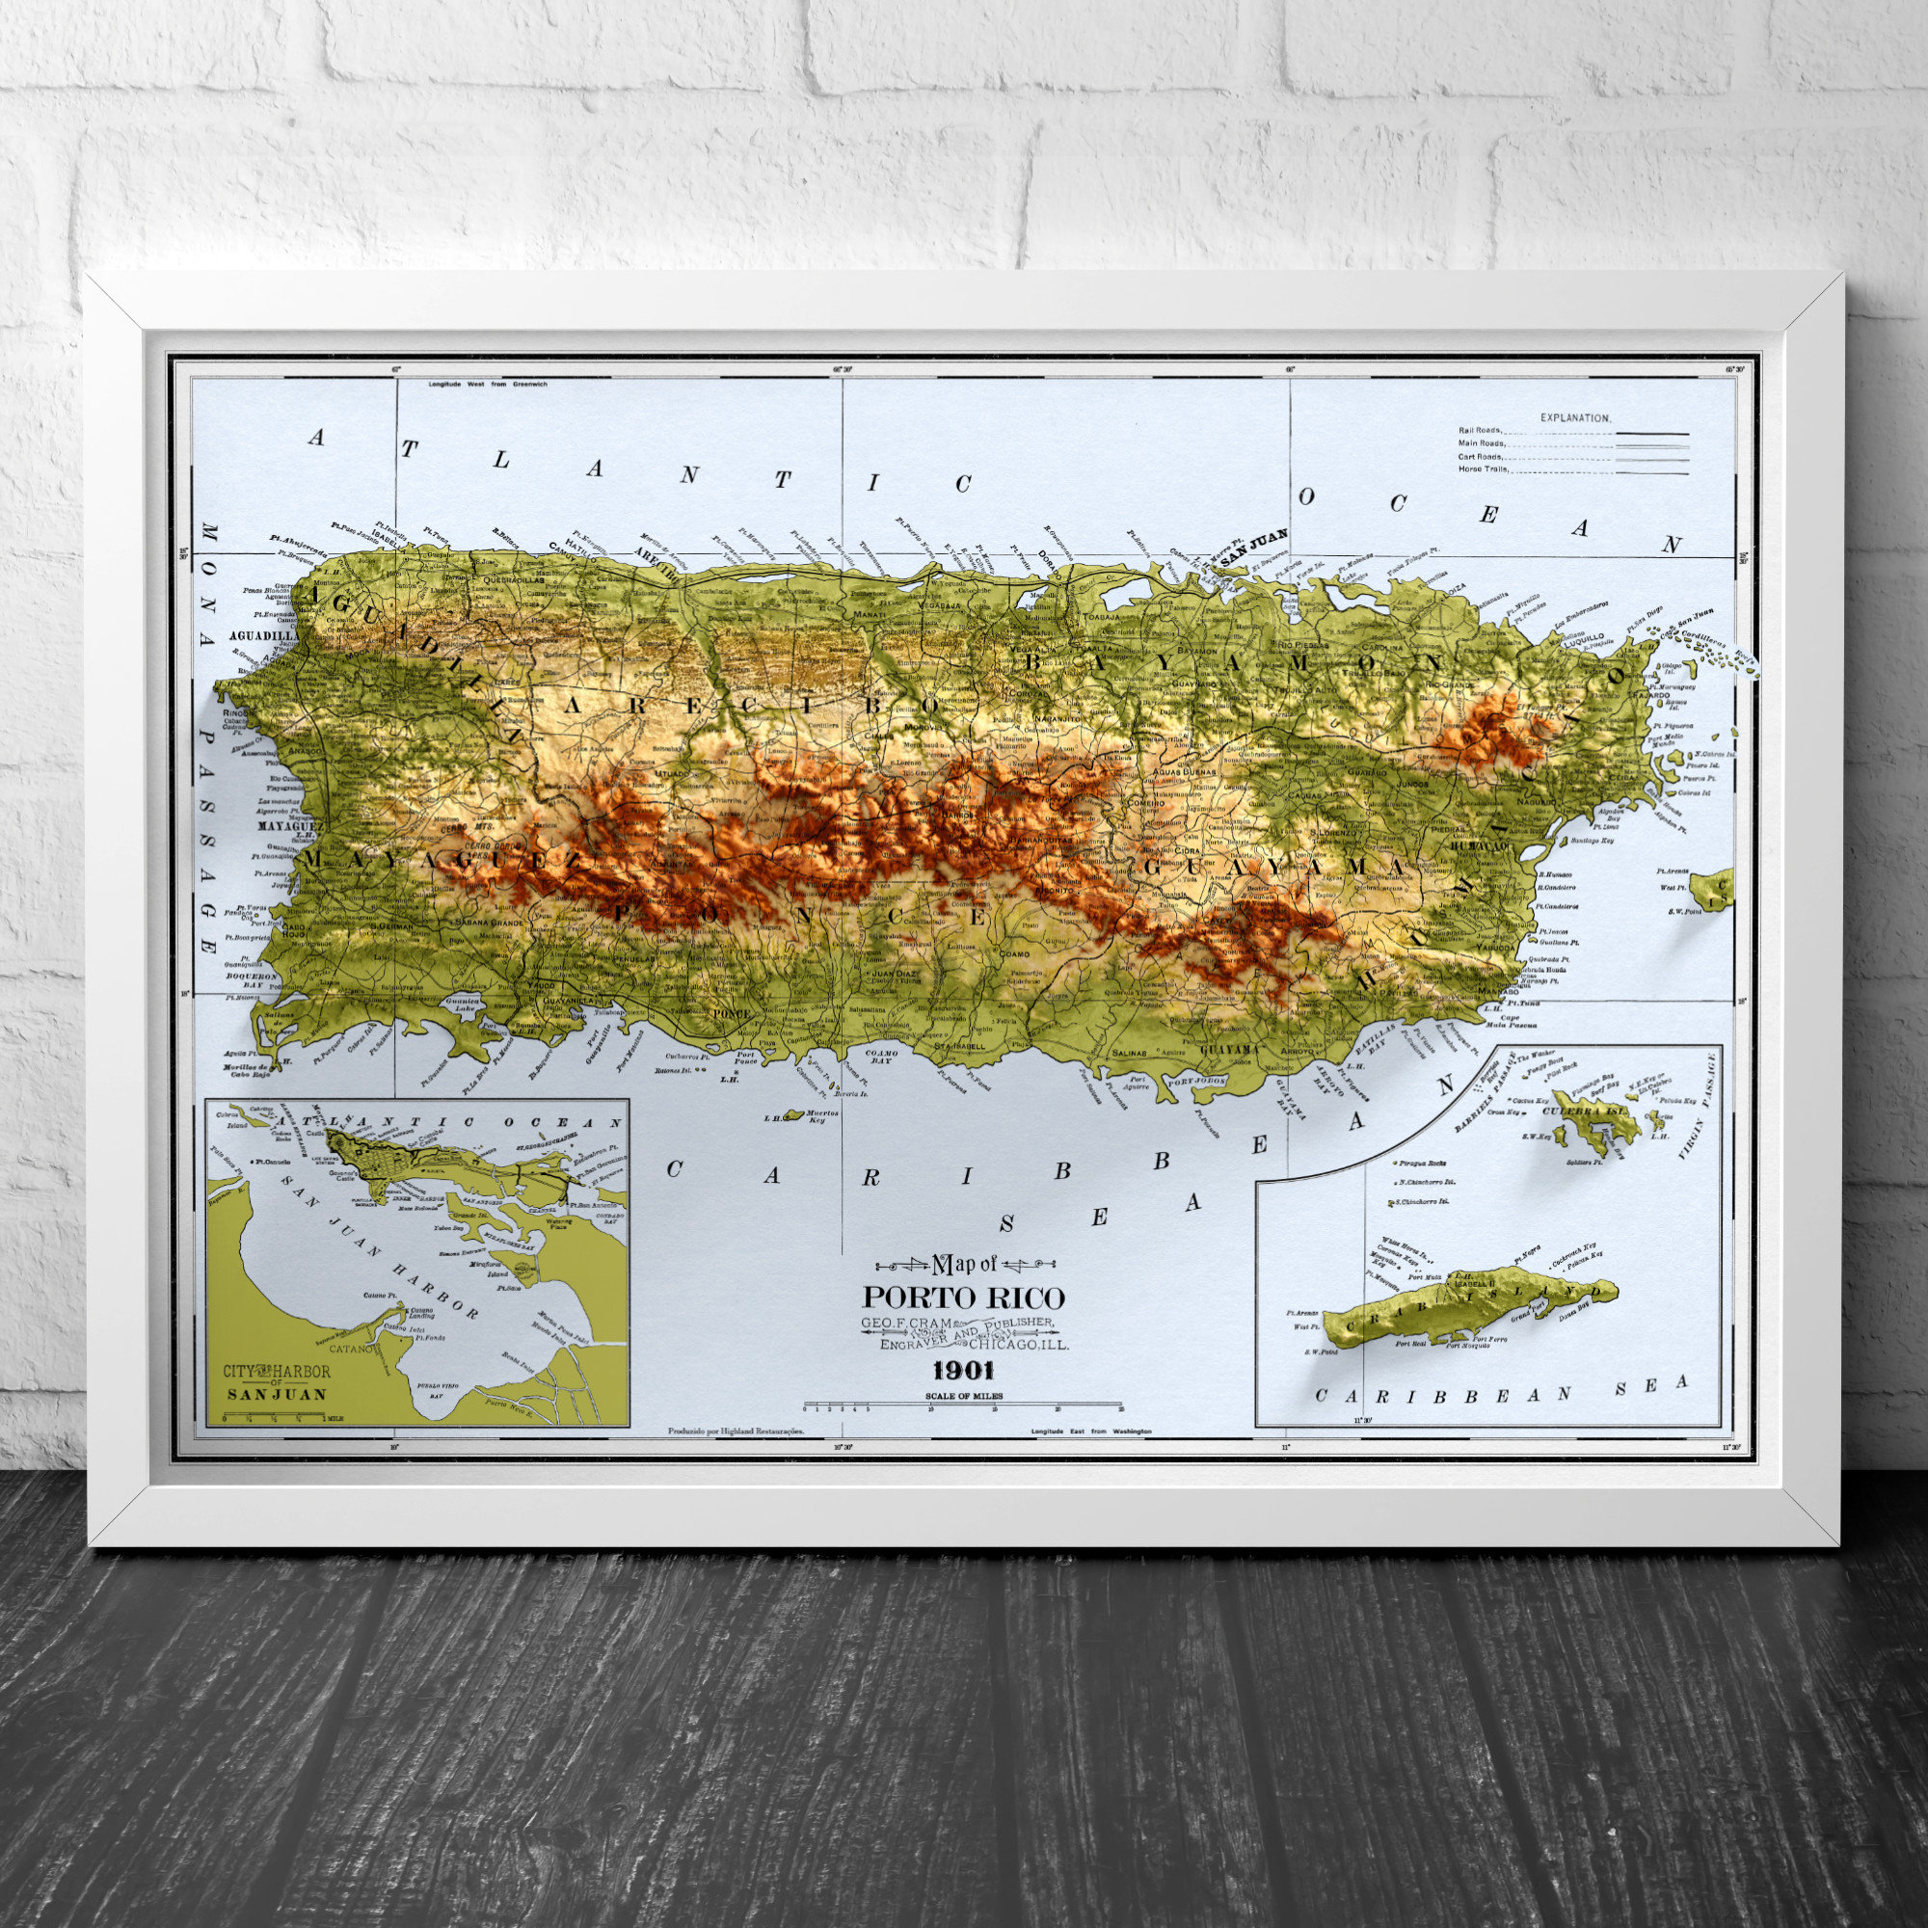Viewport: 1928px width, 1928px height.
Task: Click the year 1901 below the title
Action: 963,1370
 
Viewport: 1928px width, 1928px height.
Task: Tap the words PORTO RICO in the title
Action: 963,1298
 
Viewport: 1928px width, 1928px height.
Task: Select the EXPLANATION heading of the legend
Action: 1575,418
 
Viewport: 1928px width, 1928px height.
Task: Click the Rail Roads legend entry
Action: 1480,431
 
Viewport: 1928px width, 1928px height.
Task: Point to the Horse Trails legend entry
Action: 1483,469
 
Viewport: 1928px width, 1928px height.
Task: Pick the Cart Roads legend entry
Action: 1480,456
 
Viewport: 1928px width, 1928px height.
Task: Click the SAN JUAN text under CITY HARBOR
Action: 277,1395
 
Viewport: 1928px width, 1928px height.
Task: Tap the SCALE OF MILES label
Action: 963,1396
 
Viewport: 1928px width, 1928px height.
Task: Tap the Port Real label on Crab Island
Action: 1410,1343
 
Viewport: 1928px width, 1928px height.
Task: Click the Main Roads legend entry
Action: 1481,444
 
